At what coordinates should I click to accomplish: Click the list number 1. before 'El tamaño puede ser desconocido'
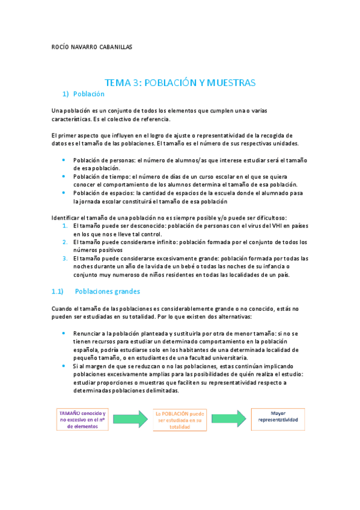pyautogui.click(x=66, y=226)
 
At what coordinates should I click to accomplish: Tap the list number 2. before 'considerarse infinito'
pyautogui.click(x=66, y=242)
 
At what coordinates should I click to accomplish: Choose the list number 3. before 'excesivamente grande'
pyautogui.click(x=66, y=259)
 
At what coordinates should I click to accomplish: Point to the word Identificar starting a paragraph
pyautogui.click(x=65, y=217)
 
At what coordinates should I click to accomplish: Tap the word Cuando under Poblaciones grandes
pyautogui.click(x=63, y=308)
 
